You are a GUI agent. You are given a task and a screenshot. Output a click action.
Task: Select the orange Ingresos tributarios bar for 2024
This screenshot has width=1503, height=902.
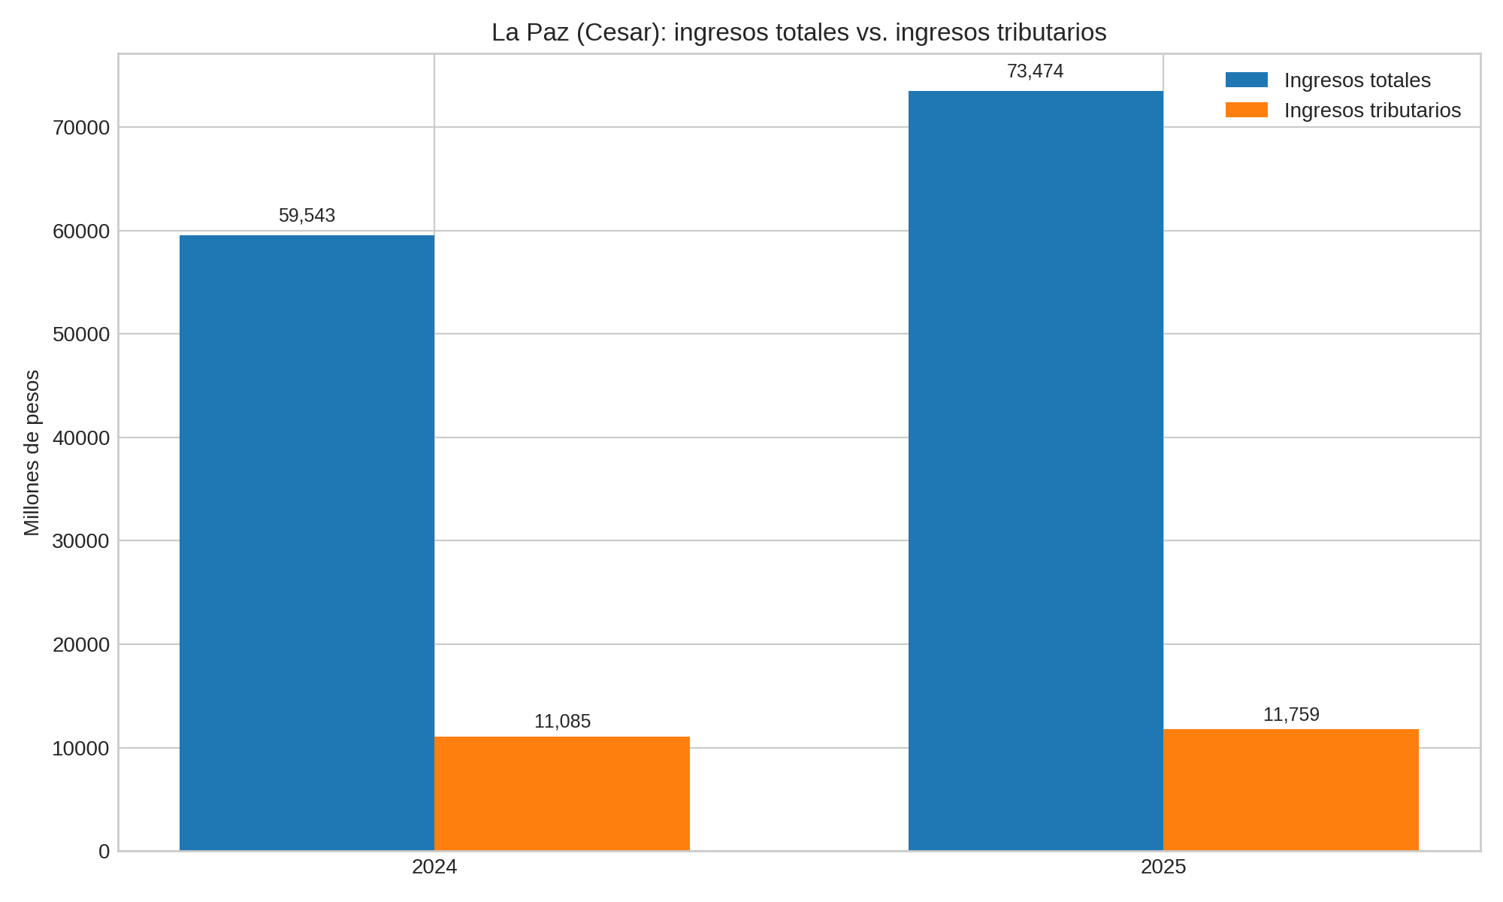tap(562, 794)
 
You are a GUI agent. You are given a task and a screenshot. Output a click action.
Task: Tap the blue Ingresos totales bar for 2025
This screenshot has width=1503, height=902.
tap(1036, 471)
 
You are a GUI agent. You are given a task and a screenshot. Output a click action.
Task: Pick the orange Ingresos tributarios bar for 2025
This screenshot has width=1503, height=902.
tap(1291, 790)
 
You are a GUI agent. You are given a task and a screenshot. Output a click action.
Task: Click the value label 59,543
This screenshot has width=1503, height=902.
tap(307, 216)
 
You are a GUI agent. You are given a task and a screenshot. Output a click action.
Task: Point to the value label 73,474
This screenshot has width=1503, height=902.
tap(1035, 71)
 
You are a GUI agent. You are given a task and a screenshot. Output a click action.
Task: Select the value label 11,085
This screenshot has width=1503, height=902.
tap(562, 722)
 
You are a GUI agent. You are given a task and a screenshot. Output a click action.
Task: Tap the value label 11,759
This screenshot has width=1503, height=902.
tap(1291, 715)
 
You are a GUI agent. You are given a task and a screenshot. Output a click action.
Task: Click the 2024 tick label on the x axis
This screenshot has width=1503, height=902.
tap(434, 867)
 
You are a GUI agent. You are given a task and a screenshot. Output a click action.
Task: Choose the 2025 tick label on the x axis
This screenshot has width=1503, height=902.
tap(1163, 867)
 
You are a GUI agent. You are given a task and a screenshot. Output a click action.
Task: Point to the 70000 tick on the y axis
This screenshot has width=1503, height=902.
tap(81, 128)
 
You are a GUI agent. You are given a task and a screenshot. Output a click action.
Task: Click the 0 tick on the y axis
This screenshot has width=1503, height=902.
tap(104, 852)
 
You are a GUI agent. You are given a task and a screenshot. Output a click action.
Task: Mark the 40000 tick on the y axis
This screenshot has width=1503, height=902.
tap(81, 438)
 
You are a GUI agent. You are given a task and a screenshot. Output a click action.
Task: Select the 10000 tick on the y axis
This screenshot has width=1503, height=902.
tap(81, 749)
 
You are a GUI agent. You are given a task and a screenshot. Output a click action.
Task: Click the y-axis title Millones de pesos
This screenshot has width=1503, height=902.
tap(32, 453)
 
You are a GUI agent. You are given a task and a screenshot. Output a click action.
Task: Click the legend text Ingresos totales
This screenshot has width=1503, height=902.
tap(1357, 80)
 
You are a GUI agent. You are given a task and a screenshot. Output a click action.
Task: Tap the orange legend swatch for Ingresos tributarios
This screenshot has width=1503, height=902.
tap(1246, 110)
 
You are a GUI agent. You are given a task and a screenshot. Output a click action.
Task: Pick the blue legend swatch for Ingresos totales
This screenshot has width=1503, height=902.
tap(1246, 80)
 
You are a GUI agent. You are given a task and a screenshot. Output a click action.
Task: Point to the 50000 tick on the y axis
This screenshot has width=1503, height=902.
tap(81, 334)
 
